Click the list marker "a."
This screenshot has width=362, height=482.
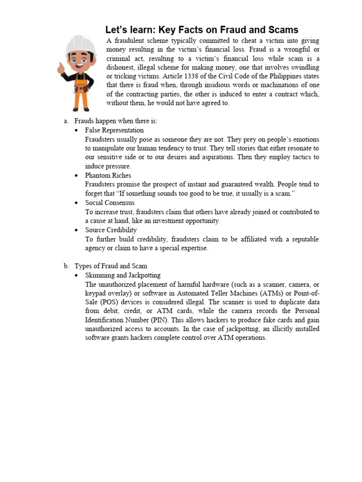(x=66, y=121)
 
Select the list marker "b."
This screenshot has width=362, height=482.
(x=66, y=266)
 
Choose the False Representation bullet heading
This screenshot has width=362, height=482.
(x=114, y=130)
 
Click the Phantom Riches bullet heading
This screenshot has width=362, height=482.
(x=108, y=176)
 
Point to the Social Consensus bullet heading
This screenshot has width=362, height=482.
(x=109, y=203)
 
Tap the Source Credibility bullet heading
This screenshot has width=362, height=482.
(x=111, y=230)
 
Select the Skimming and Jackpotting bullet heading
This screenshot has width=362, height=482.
(x=123, y=275)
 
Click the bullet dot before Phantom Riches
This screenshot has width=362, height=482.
(x=76, y=176)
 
